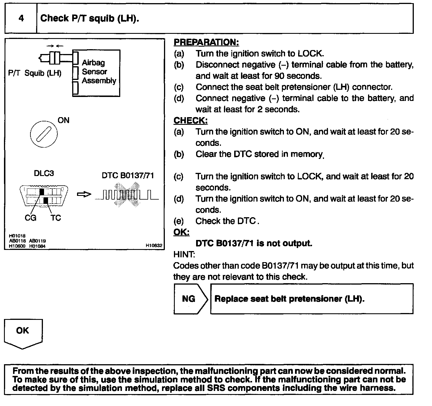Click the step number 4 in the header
(x=21, y=18)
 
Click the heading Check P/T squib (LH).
(x=90, y=18)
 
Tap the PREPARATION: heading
(x=206, y=42)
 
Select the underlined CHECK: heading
(x=190, y=121)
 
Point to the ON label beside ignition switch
(x=63, y=120)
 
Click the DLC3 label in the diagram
(x=44, y=173)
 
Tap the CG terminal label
(x=30, y=218)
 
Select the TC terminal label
(x=56, y=218)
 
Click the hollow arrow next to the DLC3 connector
(x=84, y=194)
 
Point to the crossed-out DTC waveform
(x=127, y=195)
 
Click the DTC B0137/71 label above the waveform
(x=128, y=175)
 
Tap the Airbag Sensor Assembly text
(x=99, y=72)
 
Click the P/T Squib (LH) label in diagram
(x=35, y=73)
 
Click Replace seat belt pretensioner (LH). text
(x=289, y=299)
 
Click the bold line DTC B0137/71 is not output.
(x=254, y=243)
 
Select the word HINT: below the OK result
(x=184, y=254)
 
